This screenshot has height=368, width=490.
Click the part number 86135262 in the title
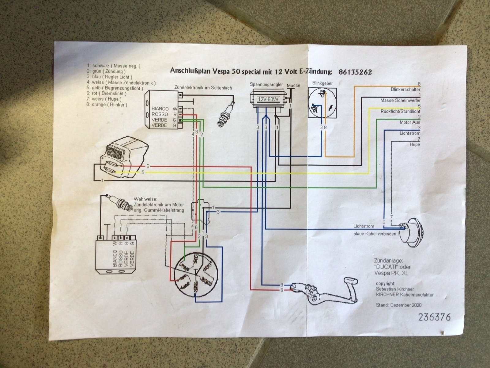[355, 72]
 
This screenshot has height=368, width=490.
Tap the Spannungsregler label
[266, 85]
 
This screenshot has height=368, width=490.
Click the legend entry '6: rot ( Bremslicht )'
[106, 94]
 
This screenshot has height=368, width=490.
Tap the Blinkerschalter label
[405, 90]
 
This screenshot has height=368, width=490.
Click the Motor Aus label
[410, 122]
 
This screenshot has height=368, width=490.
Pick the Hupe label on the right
[415, 144]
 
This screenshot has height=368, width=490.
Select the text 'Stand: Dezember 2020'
[398, 305]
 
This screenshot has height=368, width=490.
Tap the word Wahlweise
[145, 199]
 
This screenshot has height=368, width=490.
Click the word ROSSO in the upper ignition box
[160, 114]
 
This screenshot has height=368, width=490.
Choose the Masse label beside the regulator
[293, 86]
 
